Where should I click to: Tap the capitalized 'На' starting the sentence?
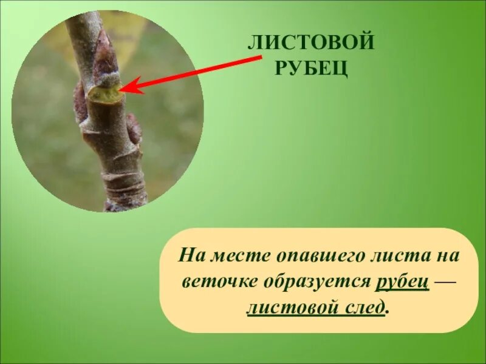coord(188,255)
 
